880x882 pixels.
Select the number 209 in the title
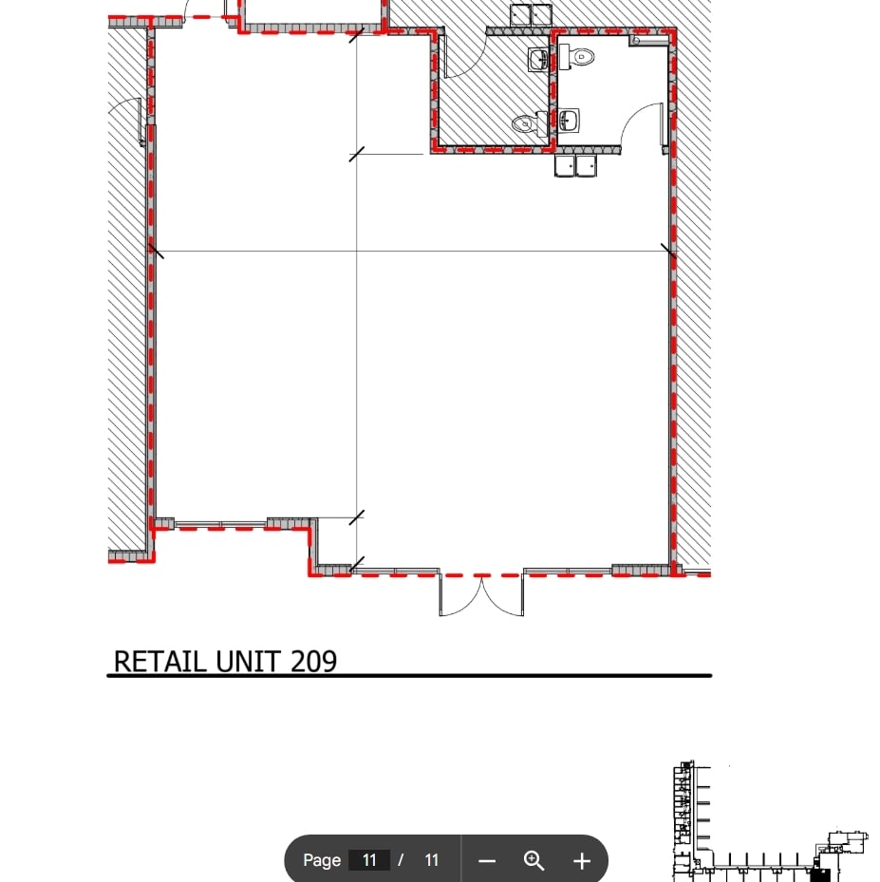[313, 661]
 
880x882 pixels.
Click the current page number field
[369, 860]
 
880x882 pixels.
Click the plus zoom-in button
[582, 861]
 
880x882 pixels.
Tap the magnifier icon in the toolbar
[534, 861]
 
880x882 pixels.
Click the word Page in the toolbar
[322, 860]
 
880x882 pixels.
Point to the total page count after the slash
[432, 860]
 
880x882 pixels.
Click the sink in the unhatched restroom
[568, 121]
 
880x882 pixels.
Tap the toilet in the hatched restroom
[524, 123]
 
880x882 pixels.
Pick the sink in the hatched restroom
[538, 60]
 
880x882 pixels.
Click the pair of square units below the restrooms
[576, 166]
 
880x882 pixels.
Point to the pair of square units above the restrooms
[531, 15]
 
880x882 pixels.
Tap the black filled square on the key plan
[821, 873]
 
